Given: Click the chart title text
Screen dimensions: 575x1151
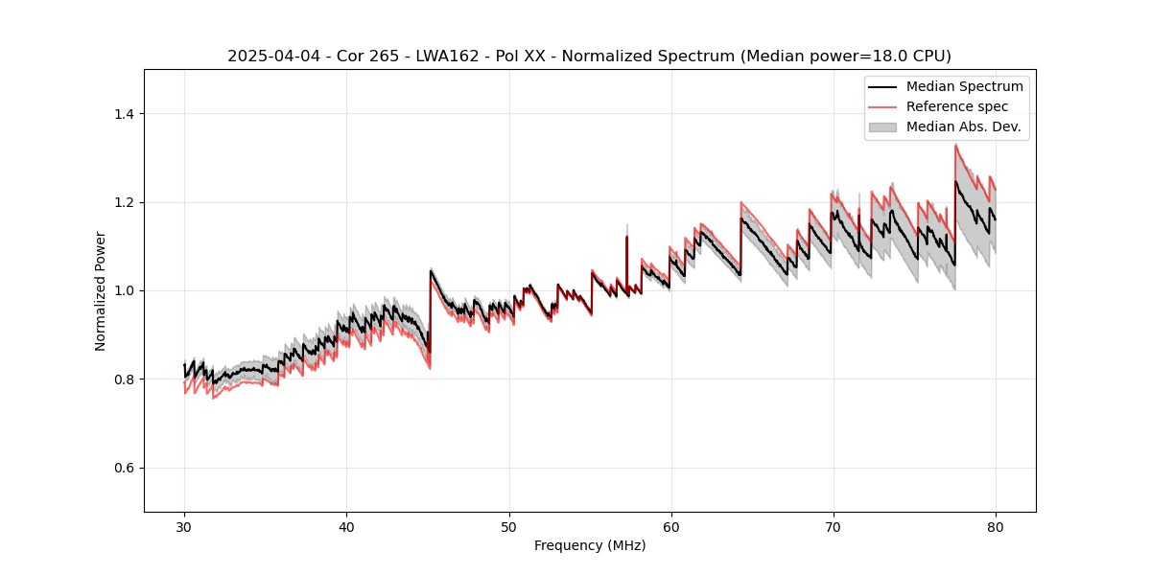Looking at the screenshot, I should tap(589, 57).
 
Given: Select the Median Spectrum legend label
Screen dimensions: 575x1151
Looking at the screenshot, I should tap(964, 86).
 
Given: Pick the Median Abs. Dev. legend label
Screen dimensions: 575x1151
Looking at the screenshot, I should tap(963, 126).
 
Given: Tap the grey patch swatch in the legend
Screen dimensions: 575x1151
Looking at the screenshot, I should tap(882, 126).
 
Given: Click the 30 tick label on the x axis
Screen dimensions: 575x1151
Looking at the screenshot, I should tap(184, 527).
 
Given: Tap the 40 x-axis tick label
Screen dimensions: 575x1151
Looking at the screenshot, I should tap(346, 527).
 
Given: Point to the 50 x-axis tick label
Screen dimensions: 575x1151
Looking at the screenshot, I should tap(508, 527).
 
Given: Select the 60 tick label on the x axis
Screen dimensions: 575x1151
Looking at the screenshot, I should tap(670, 527).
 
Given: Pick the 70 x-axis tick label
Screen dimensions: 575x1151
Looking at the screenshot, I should tap(833, 527).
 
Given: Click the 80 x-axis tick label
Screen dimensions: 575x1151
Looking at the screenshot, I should tap(995, 527).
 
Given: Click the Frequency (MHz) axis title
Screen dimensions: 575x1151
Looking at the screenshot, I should tap(590, 546).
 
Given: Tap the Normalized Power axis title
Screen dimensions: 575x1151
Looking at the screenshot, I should tap(101, 290).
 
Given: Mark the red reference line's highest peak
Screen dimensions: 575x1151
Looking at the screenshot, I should tap(955, 146).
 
